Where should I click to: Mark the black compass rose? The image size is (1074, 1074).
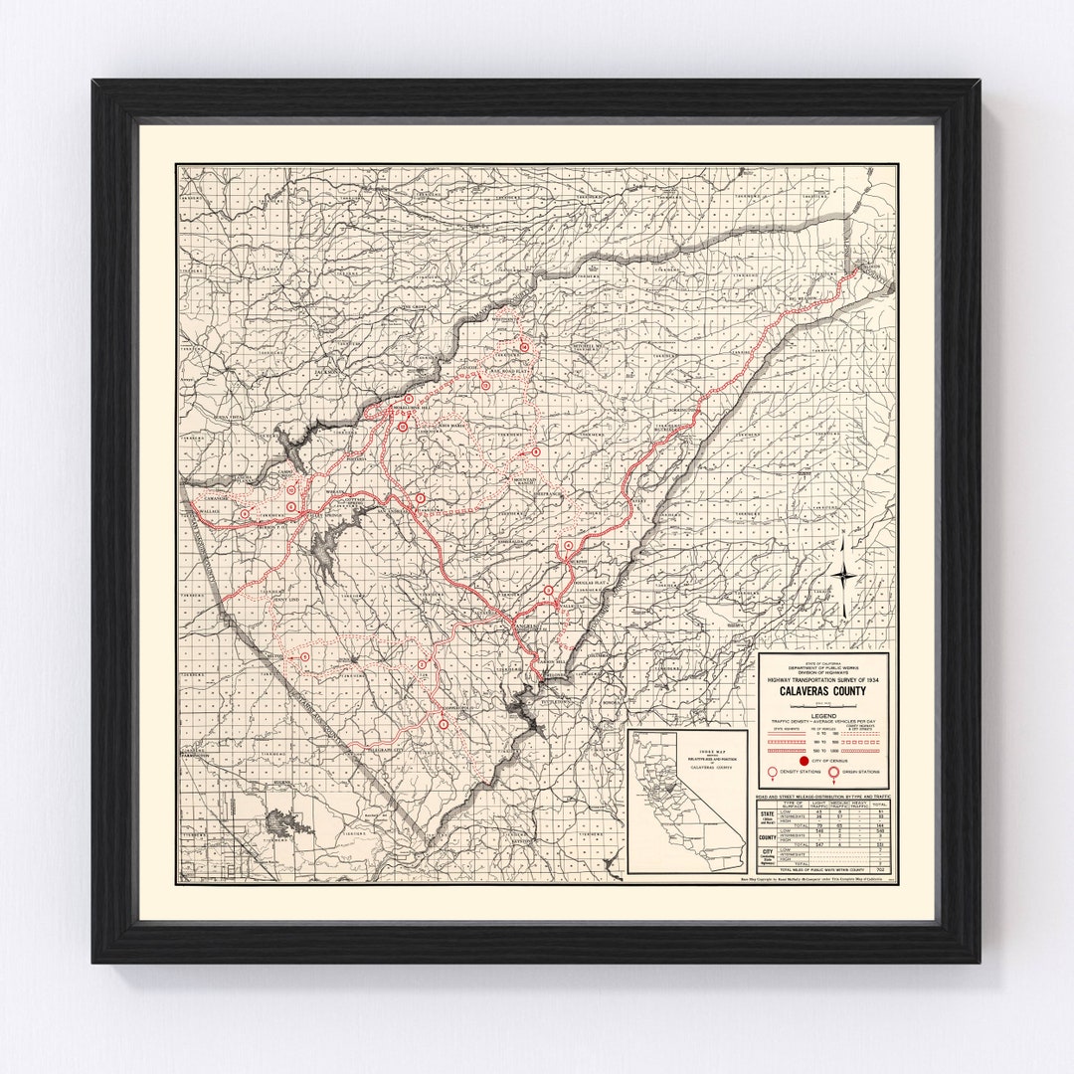pos(843,574)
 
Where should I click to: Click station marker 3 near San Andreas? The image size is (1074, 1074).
pos(421,497)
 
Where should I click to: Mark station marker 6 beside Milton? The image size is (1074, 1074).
pos(304,656)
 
